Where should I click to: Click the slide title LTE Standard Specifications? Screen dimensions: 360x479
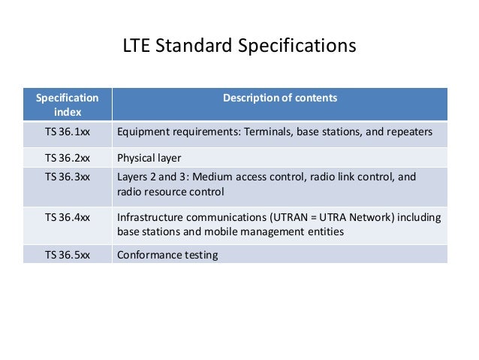click(x=239, y=47)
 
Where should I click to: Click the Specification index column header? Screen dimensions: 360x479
click(x=67, y=104)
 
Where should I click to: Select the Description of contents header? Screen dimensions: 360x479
click(x=279, y=98)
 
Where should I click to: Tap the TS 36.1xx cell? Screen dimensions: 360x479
click(x=67, y=132)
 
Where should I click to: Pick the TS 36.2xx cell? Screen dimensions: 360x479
click(x=67, y=158)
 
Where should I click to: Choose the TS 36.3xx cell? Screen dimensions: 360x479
click(x=67, y=177)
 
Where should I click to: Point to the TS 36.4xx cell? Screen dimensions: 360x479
click(x=67, y=217)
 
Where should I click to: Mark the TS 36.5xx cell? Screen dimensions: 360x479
click(x=67, y=255)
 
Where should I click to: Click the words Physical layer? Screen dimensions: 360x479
click(x=149, y=158)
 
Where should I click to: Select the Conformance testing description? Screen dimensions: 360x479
click(x=167, y=255)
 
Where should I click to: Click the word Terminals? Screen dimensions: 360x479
click(x=267, y=132)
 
